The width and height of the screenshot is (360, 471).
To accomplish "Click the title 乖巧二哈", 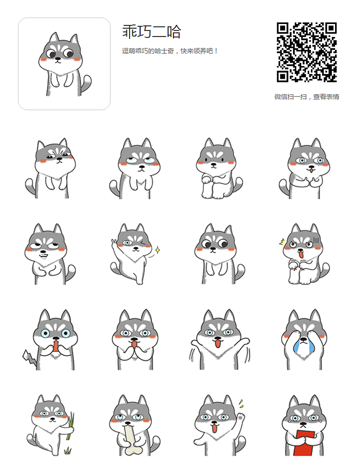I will [151, 31].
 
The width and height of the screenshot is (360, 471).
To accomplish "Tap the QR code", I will [306, 52].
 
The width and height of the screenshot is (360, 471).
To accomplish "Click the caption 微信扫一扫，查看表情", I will [306, 97].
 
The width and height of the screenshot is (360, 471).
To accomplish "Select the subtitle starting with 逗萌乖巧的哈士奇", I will [170, 51].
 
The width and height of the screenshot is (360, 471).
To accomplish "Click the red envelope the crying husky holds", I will [305, 443].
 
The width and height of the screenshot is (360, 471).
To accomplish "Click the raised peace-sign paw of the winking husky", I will [115, 243].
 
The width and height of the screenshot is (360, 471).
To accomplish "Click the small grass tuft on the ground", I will [68, 450].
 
